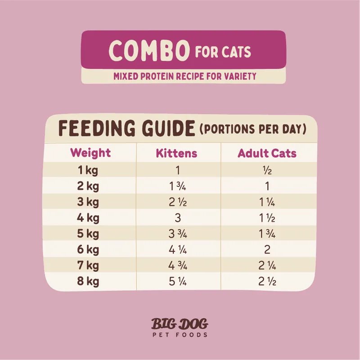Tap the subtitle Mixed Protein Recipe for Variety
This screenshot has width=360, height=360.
coord(184,75)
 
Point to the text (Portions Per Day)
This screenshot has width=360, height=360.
coord(253,130)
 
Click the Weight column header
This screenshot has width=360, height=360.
coord(90,153)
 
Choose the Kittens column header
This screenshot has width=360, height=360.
coord(176,153)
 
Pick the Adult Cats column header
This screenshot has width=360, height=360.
coord(267,153)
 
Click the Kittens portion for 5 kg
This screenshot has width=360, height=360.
coord(176,234)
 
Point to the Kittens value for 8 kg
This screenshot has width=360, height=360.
coord(176,282)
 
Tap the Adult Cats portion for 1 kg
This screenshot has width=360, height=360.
coord(267,171)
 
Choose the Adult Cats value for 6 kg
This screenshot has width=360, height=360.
coord(267,250)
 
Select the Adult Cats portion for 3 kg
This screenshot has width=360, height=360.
coord(267,202)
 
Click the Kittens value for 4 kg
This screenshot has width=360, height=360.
coord(176,219)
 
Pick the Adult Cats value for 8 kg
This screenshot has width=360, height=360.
coord(267,282)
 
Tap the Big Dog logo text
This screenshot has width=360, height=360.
coord(180,324)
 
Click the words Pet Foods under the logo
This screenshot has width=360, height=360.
coord(180,335)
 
